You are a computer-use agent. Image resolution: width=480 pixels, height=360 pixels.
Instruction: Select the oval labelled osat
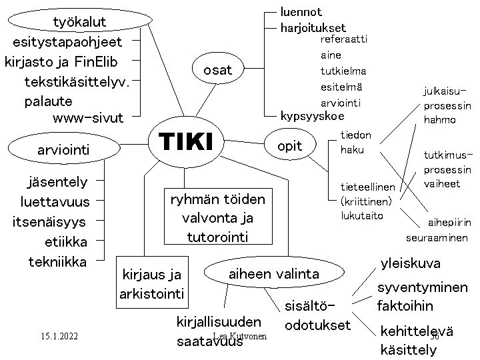coord(217,69)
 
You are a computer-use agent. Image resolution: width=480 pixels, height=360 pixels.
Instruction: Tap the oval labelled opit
coord(289,146)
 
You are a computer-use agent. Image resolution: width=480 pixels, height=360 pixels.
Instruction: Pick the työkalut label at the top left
coord(79,23)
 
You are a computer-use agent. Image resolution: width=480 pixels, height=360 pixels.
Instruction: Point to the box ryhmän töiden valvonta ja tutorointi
coord(217,218)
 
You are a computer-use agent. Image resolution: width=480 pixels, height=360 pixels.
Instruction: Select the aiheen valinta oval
coord(274,273)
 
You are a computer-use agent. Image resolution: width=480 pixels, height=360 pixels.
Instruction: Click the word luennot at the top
coord(301,11)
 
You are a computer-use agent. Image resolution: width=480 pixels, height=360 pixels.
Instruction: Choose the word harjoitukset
coord(313,28)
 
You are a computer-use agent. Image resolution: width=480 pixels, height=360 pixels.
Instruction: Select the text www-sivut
coord(87,118)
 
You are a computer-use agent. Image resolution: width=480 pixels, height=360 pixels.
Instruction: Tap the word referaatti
coord(344,40)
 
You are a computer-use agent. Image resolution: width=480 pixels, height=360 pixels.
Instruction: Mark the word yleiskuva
coord(410,263)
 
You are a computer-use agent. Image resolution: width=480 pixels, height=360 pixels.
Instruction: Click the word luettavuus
coord(55,201)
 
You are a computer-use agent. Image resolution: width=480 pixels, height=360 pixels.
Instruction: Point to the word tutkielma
coord(343,71)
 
